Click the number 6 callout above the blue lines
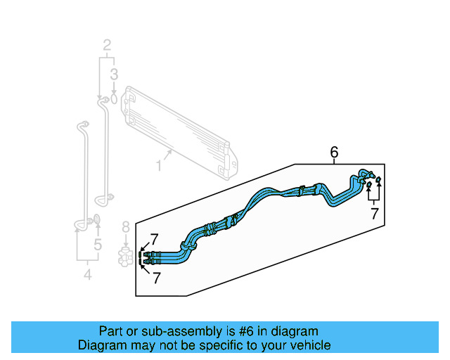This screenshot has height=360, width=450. (x=334, y=153)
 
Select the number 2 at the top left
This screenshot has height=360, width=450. (x=107, y=47)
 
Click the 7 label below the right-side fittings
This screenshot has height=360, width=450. (x=374, y=213)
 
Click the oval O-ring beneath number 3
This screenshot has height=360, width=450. (x=113, y=99)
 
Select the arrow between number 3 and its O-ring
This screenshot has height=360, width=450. (x=113, y=87)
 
